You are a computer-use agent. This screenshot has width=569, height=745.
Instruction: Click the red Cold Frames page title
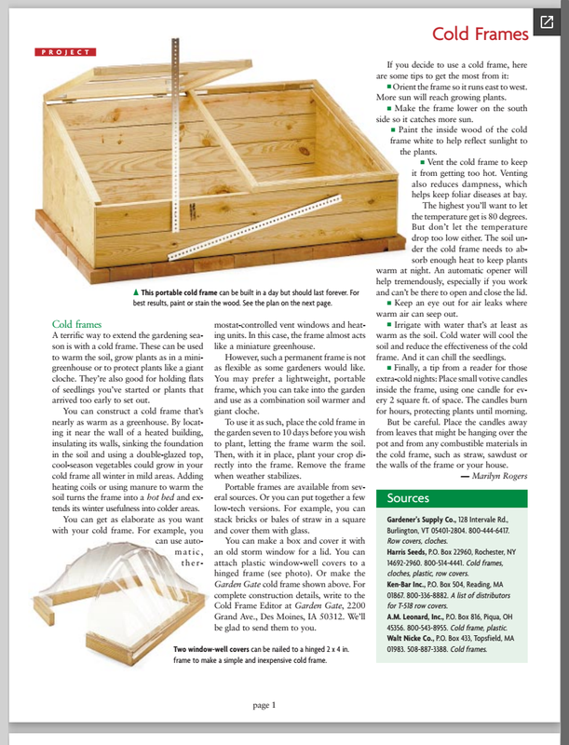click(x=481, y=34)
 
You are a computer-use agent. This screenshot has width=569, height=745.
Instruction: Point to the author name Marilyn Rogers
click(x=494, y=476)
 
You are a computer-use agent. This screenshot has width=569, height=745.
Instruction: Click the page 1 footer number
click(x=264, y=706)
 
